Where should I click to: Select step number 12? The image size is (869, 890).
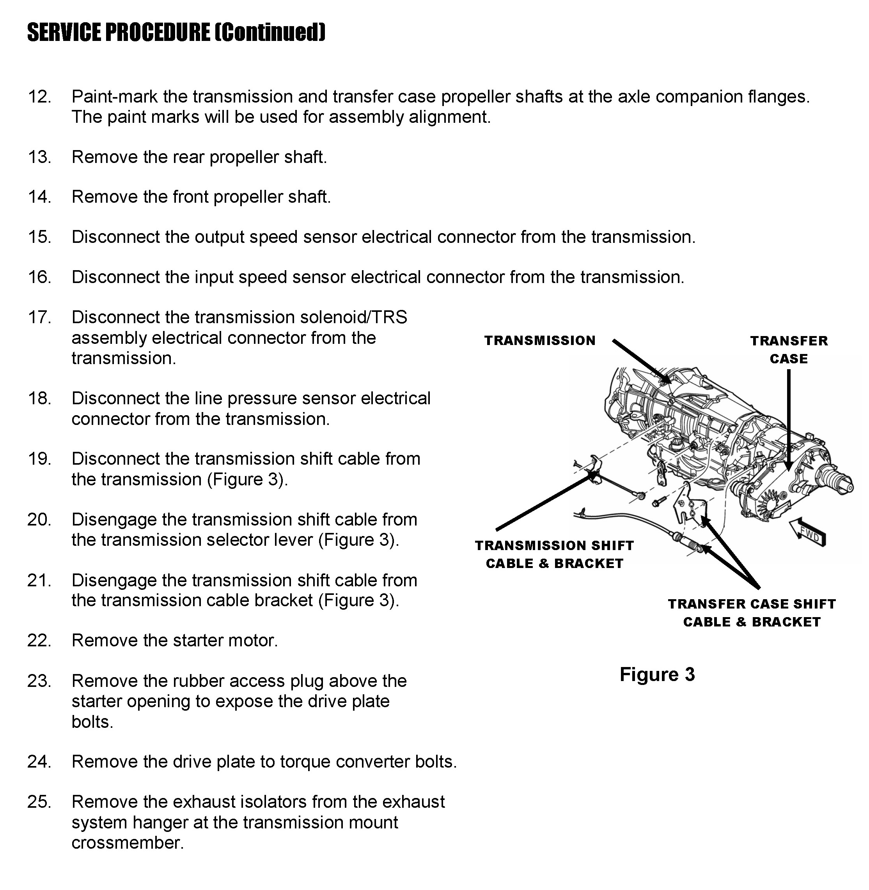(39, 97)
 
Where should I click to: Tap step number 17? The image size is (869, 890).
(39, 317)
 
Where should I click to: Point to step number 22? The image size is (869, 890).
(39, 641)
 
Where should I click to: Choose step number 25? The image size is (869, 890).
(39, 802)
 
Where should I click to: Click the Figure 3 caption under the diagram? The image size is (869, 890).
(657, 674)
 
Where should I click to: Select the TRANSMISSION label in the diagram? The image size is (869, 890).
(540, 340)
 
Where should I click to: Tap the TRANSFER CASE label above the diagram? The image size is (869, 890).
(789, 349)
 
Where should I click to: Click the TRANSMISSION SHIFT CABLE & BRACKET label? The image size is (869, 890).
(555, 554)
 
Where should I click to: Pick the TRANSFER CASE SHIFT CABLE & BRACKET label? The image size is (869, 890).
(752, 613)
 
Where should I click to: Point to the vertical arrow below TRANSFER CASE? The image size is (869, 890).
(788, 420)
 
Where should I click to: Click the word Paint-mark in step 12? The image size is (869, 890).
(114, 97)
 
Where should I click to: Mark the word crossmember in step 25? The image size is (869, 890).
(127, 842)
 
